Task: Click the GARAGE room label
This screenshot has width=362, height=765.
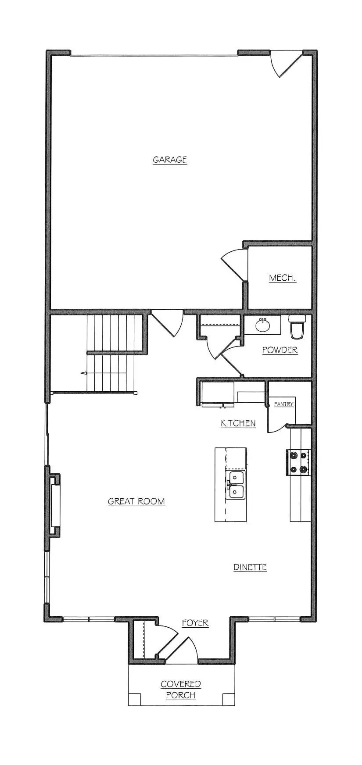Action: tap(170, 160)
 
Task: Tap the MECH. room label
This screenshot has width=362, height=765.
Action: tap(282, 278)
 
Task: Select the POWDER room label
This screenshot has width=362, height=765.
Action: tap(280, 350)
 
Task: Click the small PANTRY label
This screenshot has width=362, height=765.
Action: tap(283, 404)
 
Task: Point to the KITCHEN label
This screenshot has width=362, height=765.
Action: tap(238, 423)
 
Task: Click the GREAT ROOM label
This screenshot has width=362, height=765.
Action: tap(136, 501)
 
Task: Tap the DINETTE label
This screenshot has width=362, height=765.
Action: tap(250, 567)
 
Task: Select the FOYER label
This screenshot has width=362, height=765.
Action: tap(195, 623)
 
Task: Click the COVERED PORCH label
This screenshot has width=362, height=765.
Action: tap(181, 690)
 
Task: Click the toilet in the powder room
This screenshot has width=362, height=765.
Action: tap(297, 327)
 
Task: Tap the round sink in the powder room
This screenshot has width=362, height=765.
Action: tap(262, 325)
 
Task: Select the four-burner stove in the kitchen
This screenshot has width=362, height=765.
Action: tap(299, 462)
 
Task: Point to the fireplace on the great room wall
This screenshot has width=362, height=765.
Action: tap(54, 505)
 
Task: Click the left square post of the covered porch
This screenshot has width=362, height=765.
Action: tap(135, 699)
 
